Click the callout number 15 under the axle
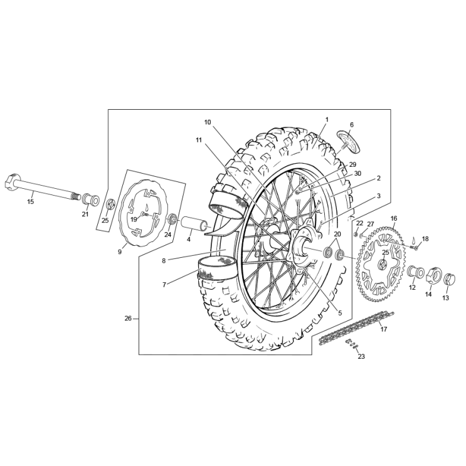[x=30, y=201]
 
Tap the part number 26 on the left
[x=128, y=318]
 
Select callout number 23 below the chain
[x=361, y=356]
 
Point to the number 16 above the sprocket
[x=394, y=218]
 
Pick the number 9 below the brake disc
[x=119, y=252]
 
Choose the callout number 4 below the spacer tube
[x=188, y=239]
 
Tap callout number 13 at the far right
[x=445, y=298]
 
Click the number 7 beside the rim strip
[x=164, y=284]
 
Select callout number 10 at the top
[x=208, y=122]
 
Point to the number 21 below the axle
[x=85, y=214]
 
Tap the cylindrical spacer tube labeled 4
[x=194, y=223]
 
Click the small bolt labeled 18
[x=415, y=246]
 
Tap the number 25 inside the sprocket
[x=386, y=252]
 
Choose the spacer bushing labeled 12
[x=414, y=273]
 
